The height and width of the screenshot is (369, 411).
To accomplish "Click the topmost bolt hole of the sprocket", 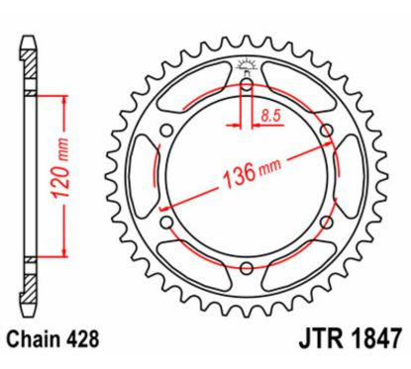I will [x=245, y=86].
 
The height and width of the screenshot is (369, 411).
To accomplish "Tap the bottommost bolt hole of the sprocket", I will [x=245, y=264].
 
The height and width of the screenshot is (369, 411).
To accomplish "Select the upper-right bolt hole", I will [x=322, y=131].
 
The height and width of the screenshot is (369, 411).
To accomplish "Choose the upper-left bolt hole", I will [x=167, y=131].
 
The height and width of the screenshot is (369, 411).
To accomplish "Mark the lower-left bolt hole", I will [x=167, y=220].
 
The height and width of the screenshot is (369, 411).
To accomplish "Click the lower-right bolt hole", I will [x=322, y=220].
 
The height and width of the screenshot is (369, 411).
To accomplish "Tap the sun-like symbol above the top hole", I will [x=245, y=69].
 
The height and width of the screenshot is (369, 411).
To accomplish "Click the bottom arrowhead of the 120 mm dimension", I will [x=65, y=253].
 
